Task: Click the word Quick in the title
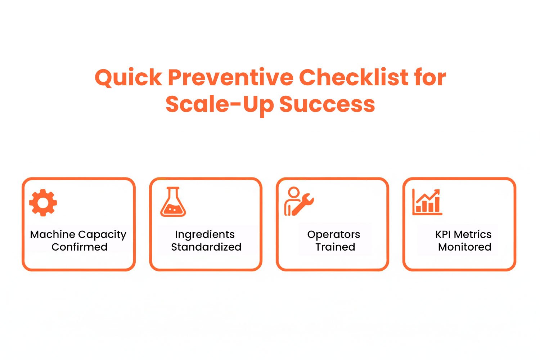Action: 128,78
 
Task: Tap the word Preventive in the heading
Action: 231,78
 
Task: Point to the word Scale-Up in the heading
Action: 220,105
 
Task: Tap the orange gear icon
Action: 43,202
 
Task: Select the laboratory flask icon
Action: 173,202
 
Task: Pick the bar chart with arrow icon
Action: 427,202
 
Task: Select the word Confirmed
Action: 79,247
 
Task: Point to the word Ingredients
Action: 205,235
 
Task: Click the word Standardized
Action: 206,247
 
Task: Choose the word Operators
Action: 333,235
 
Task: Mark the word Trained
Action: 335,247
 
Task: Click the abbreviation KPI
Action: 443,234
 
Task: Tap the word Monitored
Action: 464,247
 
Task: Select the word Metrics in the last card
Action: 473,234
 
